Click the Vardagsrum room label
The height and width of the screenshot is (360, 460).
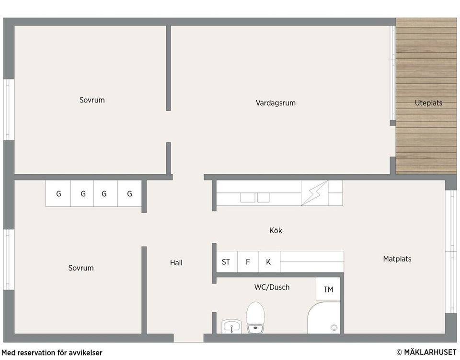(x=276, y=103)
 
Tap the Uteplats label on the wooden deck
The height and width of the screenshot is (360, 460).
(x=428, y=103)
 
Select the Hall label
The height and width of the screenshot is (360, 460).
(x=176, y=263)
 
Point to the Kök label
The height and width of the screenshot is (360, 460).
(x=276, y=231)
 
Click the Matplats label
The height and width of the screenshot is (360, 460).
(x=397, y=259)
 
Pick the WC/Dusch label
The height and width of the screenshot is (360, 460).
(x=272, y=287)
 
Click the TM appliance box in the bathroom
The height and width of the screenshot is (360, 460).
(x=328, y=289)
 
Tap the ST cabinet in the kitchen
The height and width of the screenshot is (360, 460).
(x=226, y=262)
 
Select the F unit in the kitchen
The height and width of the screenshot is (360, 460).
(x=248, y=262)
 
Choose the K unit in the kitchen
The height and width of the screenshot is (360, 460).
(x=268, y=262)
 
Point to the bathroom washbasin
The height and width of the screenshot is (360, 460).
(x=232, y=326)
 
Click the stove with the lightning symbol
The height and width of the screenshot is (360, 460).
(x=314, y=193)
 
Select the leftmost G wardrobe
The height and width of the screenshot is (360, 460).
(x=58, y=194)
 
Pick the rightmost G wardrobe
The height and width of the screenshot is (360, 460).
(x=129, y=194)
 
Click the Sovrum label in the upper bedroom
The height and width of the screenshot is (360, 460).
(x=92, y=100)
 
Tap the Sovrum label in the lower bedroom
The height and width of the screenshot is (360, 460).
(x=81, y=268)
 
